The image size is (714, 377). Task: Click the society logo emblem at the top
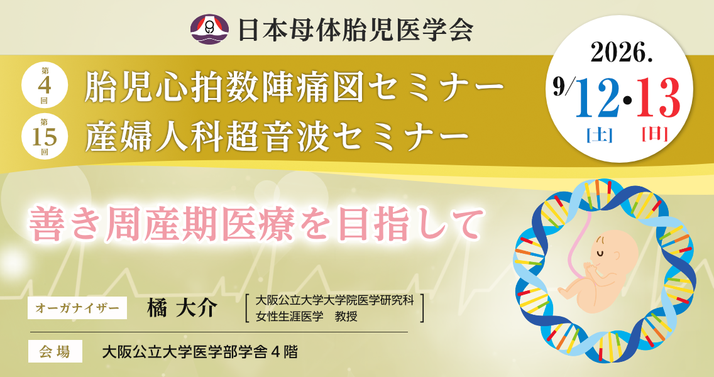pyautogui.click(x=210, y=30)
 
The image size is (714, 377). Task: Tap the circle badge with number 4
pyautogui.click(x=45, y=85)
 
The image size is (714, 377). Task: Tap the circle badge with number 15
pyautogui.click(x=45, y=135)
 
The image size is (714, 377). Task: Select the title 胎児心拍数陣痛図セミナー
pyautogui.click(x=294, y=89)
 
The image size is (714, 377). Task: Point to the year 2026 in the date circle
pyautogui.click(x=620, y=53)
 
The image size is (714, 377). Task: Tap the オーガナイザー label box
pyautogui.click(x=77, y=308)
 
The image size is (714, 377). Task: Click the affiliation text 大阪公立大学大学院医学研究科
pyautogui.click(x=334, y=300)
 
